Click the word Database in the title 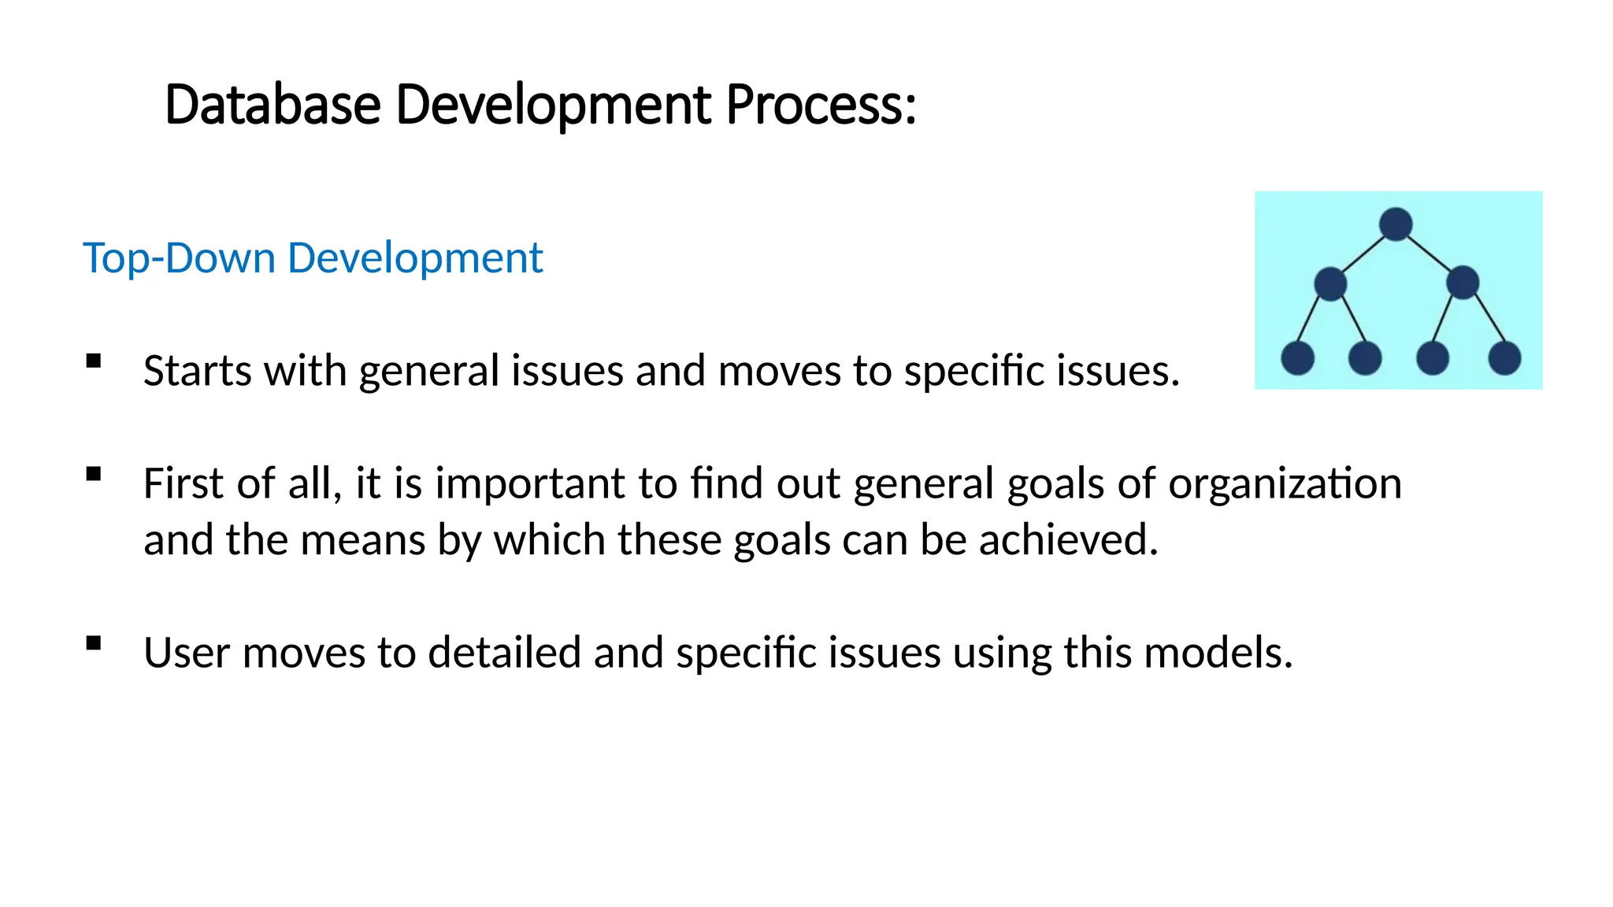(x=273, y=105)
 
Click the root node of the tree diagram (x=1396, y=224)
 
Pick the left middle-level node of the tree (x=1330, y=283)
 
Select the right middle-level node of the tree (x=1463, y=283)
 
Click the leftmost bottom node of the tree (x=1297, y=358)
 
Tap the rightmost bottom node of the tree (x=1504, y=358)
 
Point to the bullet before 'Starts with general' (x=95, y=361)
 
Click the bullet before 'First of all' (x=95, y=474)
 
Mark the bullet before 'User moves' (x=95, y=643)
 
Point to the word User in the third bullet (x=187, y=653)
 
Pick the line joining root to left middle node (x=1363, y=254)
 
